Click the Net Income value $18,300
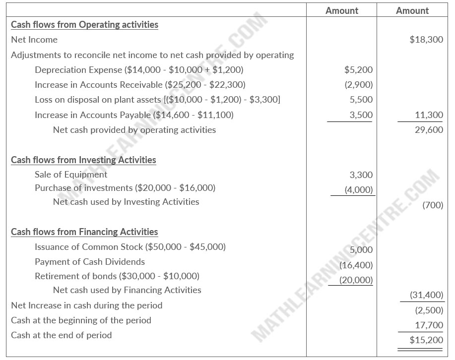pyautogui.click(x=426, y=40)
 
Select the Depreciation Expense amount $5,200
pyautogui.click(x=358, y=70)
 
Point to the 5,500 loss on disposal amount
pyautogui.click(x=361, y=100)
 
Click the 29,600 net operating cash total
pyautogui.click(x=429, y=130)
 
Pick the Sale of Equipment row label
pyautogui.click(x=71, y=175)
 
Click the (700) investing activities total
pyautogui.click(x=432, y=205)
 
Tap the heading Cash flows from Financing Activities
pyautogui.click(x=84, y=232)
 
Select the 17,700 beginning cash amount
pyautogui.click(x=429, y=325)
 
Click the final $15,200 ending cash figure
pyautogui.click(x=426, y=340)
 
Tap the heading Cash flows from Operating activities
pyautogui.click(x=84, y=24)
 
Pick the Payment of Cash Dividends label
pyautogui.click(x=90, y=261)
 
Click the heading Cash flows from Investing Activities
pyautogui.click(x=83, y=160)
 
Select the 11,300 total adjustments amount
pyautogui.click(x=429, y=115)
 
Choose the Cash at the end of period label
pyautogui.click(x=62, y=335)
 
